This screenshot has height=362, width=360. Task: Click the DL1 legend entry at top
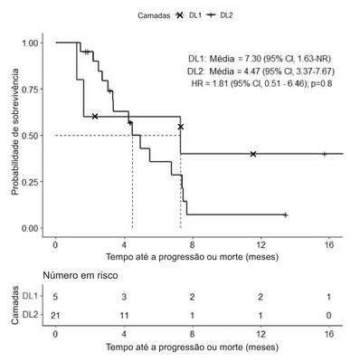188,15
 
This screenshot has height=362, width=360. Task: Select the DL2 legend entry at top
221,15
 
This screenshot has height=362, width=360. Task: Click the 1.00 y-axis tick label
30,43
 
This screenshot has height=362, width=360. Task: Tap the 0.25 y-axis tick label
30,182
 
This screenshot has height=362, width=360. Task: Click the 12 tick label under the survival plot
261,244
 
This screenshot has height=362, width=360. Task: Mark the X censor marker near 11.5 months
253,154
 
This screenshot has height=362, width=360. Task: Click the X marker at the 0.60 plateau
95,116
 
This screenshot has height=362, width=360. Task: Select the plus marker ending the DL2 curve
286,214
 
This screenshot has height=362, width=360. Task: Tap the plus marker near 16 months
325,154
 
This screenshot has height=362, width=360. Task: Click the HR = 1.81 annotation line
261,83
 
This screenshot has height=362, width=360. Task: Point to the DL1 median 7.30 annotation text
260,59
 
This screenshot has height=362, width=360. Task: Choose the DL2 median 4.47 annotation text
261,71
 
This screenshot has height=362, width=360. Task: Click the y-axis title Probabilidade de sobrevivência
15,131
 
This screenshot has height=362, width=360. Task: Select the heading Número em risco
81,275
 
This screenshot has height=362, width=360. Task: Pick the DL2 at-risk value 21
55,316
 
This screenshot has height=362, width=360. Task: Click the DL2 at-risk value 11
124,316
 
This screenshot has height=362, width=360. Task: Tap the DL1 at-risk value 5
55,297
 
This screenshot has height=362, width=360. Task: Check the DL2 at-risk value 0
328,316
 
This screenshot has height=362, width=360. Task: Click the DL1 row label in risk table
31,296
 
